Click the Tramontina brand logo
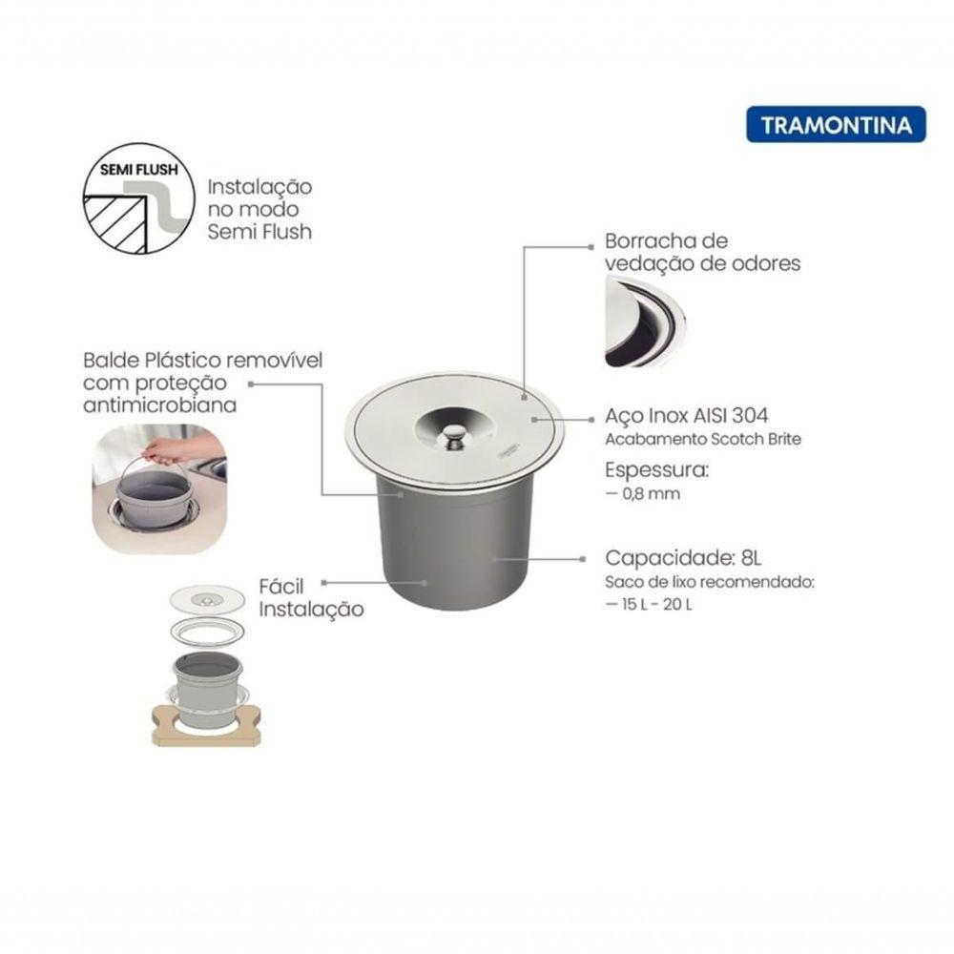pos(836,125)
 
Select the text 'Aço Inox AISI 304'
pos(687,417)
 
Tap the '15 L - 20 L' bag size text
pos(649,605)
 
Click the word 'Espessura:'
pos(657,470)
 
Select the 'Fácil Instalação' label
pos(310,597)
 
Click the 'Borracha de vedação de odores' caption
pos(702,252)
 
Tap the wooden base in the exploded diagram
pos(206,727)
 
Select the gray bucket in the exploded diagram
pos(207,681)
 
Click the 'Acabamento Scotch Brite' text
pos(703,440)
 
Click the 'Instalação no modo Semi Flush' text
pos(259,209)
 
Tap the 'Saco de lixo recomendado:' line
pos(710,583)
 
